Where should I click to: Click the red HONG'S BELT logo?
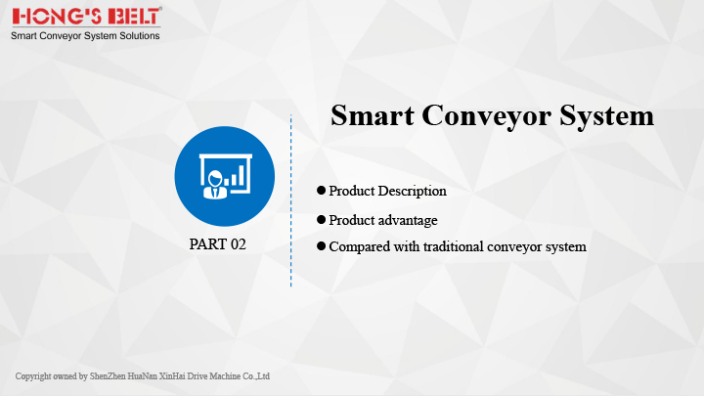(87, 17)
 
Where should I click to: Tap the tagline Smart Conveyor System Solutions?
(85, 36)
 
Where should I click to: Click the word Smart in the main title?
(373, 115)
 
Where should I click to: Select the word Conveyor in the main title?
(486, 116)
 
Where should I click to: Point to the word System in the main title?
(606, 116)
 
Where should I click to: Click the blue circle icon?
(225, 176)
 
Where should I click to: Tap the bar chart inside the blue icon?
(235, 176)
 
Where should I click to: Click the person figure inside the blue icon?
(215, 185)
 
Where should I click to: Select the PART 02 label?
(218, 244)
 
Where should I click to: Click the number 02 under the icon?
(239, 244)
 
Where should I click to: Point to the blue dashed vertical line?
(291, 200)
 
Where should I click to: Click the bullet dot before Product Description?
(321, 191)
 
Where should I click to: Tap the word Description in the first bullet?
(413, 192)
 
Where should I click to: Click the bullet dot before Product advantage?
(321, 220)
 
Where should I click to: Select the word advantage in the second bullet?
(408, 220)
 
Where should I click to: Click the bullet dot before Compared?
(321, 246)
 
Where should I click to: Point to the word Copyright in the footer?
(33, 376)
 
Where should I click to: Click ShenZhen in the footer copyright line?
(108, 376)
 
